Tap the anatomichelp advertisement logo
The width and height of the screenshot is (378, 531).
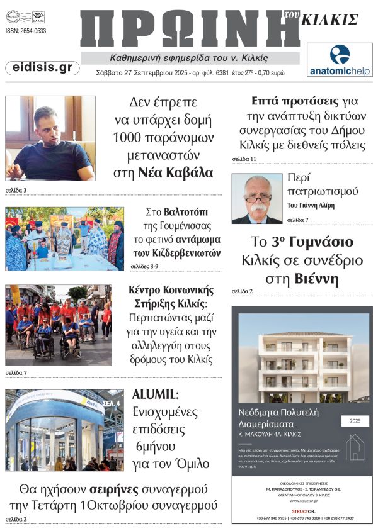[x=340, y=60]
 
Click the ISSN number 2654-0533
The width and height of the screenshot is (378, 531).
[x=26, y=31]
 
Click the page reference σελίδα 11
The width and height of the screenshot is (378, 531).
[x=244, y=159]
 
